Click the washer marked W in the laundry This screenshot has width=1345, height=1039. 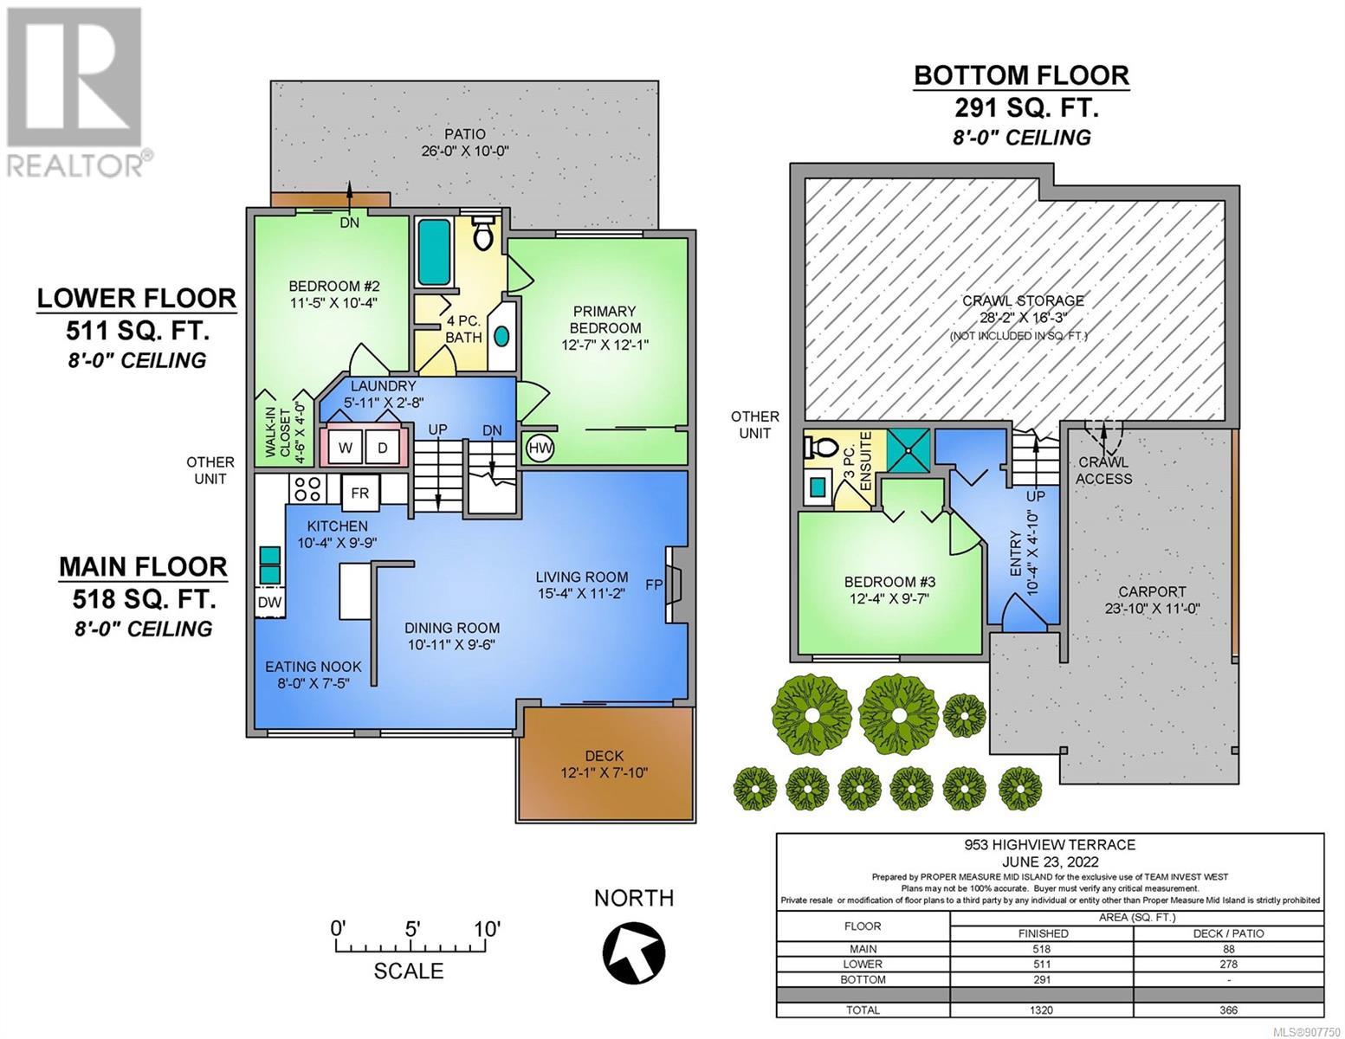(345, 447)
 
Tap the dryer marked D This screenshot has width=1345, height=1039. (383, 447)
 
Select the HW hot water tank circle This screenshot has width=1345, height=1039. (540, 448)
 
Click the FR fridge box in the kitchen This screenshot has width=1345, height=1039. (359, 492)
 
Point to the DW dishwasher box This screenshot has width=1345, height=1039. (270, 602)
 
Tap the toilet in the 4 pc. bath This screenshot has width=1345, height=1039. (482, 233)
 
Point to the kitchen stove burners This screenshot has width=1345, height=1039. (307, 488)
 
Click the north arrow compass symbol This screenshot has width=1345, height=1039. (634, 953)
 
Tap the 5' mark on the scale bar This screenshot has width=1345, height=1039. (413, 929)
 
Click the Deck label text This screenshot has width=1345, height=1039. (605, 756)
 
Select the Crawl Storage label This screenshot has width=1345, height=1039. (1023, 300)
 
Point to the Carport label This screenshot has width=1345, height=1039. (1152, 591)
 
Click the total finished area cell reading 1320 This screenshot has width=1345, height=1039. (1041, 1010)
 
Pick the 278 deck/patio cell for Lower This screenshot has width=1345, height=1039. (1229, 964)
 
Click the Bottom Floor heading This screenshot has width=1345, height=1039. (1022, 75)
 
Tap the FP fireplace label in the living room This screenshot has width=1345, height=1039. (654, 584)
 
